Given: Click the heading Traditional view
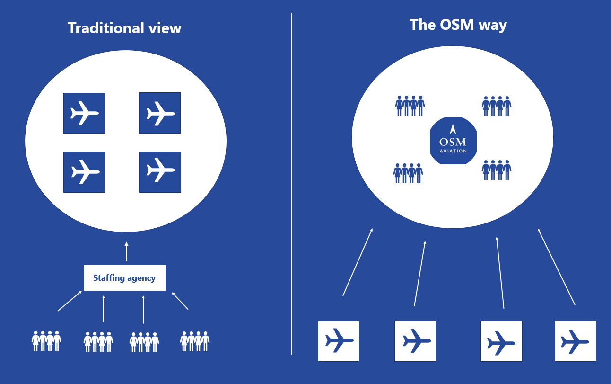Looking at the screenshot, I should (124, 28).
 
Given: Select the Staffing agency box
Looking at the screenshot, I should (125, 278).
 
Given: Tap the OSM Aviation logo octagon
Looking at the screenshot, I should (453, 141).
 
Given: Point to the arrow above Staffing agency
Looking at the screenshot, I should (126, 251).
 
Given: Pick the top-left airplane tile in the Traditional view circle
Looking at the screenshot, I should (84, 113).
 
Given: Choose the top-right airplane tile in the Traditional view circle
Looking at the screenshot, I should (160, 113).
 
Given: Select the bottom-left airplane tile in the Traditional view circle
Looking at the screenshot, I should (84, 172).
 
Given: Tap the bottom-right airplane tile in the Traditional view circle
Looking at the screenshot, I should (160, 172).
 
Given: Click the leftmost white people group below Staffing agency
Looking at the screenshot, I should (46, 341).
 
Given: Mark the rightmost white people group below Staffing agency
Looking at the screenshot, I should (195, 341).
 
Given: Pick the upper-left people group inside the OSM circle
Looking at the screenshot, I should (410, 106).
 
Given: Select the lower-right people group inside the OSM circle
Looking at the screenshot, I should (497, 170).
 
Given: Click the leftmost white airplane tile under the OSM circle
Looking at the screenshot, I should (339, 341).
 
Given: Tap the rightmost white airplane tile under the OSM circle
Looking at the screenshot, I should (575, 341).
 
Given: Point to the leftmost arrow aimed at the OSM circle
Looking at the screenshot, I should (358, 262).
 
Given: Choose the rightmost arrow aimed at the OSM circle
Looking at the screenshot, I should (556, 267).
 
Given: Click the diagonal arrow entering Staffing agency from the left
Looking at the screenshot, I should (70, 301).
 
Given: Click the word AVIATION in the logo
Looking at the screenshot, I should (453, 151).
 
